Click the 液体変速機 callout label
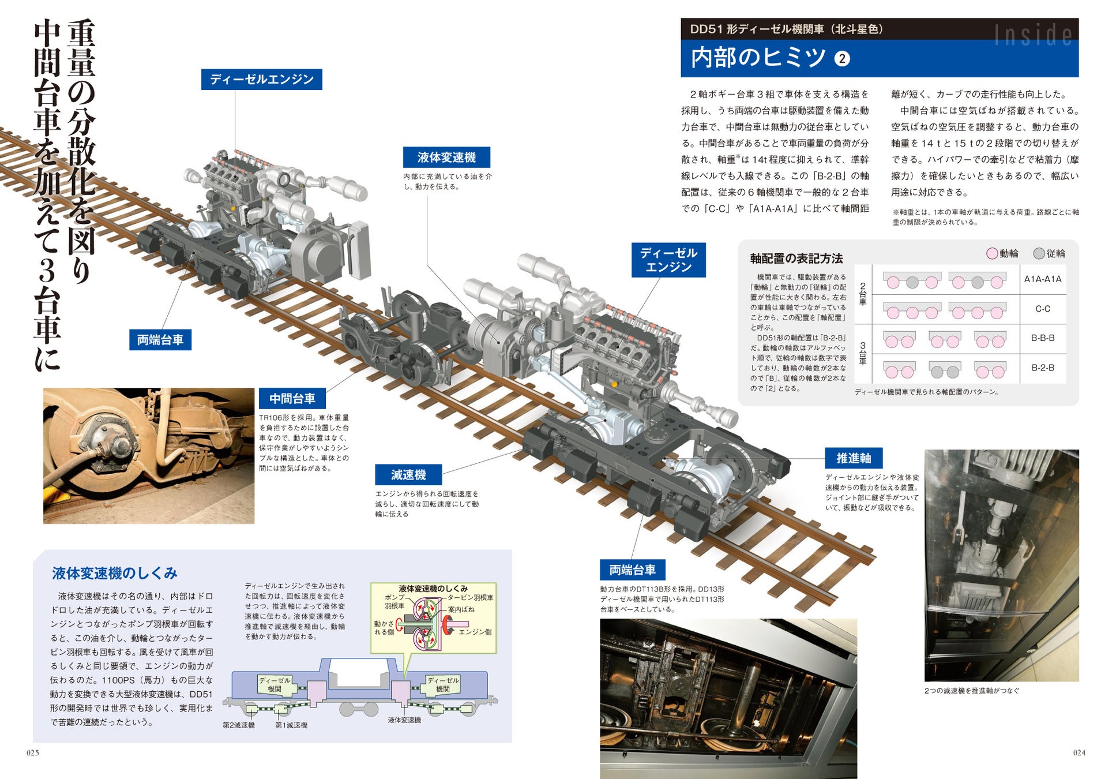pos(446,158)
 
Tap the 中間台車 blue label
pos(292,399)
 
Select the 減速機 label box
pos(408,475)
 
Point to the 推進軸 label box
pos(854,458)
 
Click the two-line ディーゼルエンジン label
pos(668,260)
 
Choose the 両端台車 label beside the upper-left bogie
pos(160,340)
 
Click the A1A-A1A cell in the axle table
pos(1042,279)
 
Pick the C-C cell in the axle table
pos(1042,309)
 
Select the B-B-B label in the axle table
pos(1042,338)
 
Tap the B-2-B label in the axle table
pos(1042,368)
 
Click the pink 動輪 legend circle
pos(992,253)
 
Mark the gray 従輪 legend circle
pos(1039,253)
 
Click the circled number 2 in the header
pos(842,59)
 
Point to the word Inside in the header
pos(1033,35)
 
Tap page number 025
pos(33,752)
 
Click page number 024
pos(1079,752)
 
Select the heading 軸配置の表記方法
pos(796,259)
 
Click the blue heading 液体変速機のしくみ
pos(114,573)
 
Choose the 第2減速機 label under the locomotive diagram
pos(239,725)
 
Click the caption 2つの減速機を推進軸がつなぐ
pos(971,691)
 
